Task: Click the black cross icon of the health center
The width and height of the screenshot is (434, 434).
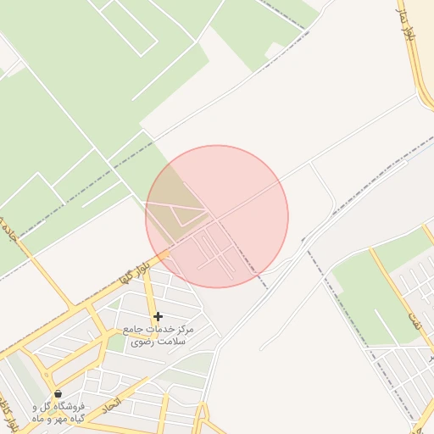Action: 158,316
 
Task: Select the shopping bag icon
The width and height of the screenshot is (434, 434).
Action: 58,393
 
